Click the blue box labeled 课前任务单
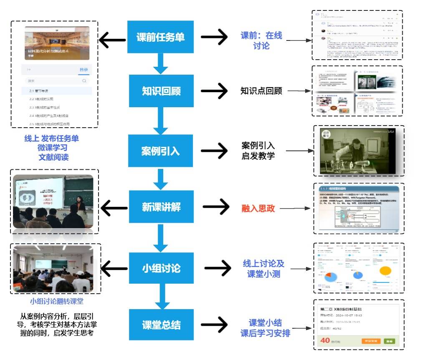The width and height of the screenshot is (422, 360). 160,37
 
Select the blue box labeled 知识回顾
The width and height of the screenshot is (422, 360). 161,91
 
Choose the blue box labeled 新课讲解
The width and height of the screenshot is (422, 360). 161,207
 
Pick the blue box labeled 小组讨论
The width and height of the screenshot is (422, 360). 161,268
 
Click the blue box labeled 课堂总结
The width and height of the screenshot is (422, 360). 161,325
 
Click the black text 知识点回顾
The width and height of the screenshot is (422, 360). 261,91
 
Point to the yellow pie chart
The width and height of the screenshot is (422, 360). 384,270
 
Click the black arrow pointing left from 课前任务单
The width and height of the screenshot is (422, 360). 112,40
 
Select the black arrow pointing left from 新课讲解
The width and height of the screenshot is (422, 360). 114,208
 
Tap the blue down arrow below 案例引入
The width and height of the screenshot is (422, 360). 161,179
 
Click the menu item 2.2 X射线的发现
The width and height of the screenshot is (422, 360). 41,99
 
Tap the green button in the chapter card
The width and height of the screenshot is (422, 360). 389,341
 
